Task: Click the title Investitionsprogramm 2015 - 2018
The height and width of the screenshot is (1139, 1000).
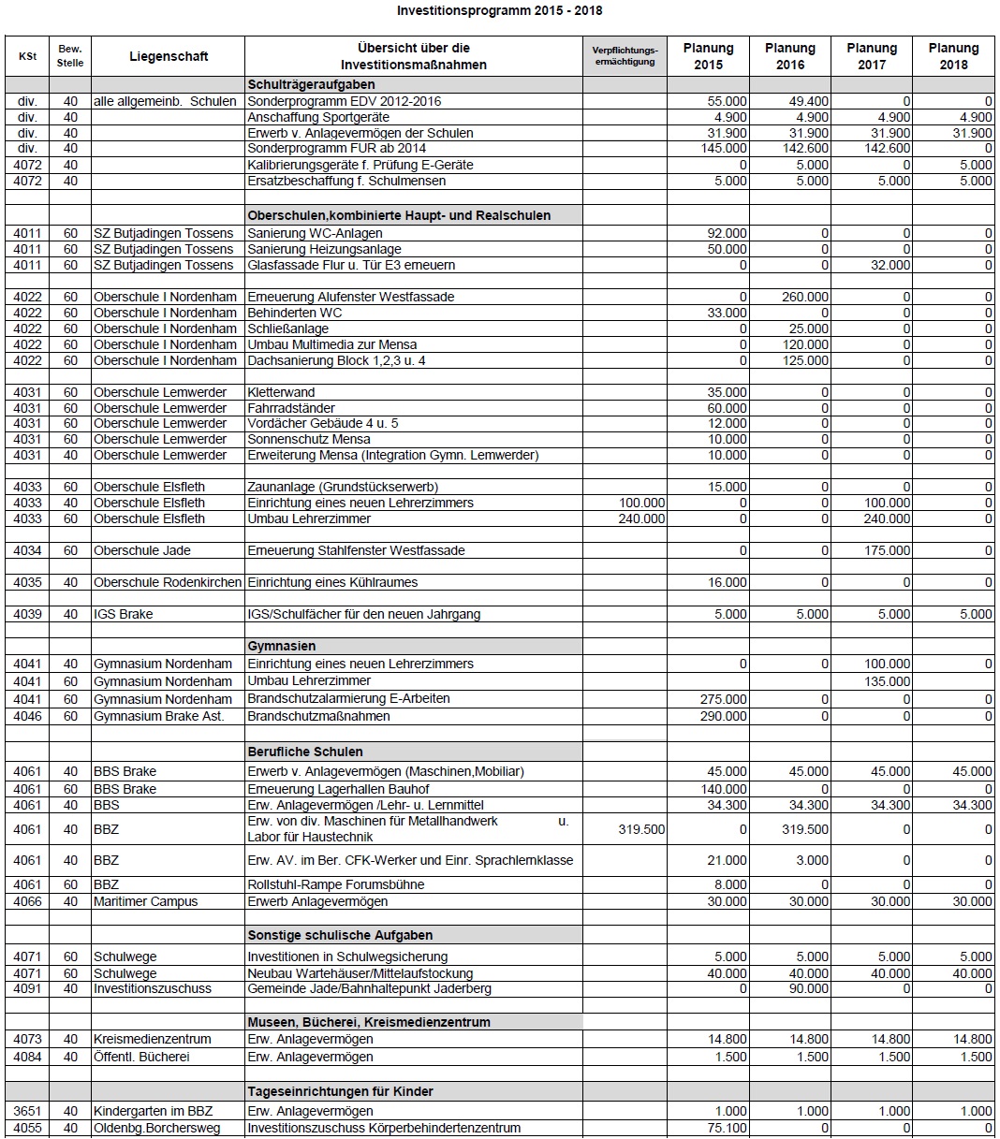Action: tap(499, 11)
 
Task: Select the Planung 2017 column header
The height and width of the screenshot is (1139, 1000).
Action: tap(871, 56)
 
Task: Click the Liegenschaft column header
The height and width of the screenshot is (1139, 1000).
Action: tap(169, 56)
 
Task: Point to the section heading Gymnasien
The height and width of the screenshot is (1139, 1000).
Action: tap(282, 646)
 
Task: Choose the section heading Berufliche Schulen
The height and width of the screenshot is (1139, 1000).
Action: tap(305, 752)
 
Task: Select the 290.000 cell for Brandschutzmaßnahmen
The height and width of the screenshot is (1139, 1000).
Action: tap(724, 716)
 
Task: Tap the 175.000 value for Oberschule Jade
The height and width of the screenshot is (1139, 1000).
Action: tap(887, 550)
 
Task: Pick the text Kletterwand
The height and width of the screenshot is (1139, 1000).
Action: tap(281, 392)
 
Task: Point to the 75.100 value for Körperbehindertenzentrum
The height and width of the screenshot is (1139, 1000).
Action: tap(728, 1128)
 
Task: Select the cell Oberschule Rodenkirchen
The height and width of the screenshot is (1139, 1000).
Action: tap(168, 582)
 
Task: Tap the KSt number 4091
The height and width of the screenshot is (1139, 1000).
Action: tap(27, 988)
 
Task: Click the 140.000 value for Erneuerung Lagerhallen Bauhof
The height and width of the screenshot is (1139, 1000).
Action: tap(724, 789)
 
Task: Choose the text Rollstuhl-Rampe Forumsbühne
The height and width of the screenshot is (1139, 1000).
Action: tap(335, 884)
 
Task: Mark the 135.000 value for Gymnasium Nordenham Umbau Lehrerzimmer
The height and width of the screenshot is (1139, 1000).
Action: tap(887, 681)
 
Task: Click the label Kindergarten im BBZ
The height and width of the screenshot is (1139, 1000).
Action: tap(153, 1111)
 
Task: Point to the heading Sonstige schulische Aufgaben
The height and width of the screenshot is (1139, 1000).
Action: tap(340, 935)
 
